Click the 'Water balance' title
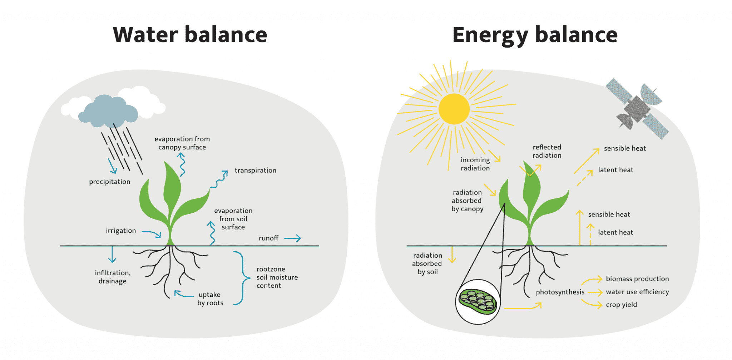pyautogui.click(x=190, y=35)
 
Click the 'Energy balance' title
pyautogui.click(x=535, y=35)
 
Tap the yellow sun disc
pyautogui.click(x=454, y=109)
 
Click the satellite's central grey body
pyautogui.click(x=637, y=108)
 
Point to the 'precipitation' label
pyautogui.click(x=110, y=182)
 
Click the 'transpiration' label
pyautogui.click(x=255, y=171)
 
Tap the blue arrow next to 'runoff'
pyautogui.click(x=293, y=238)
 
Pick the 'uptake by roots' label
pyautogui.click(x=210, y=299)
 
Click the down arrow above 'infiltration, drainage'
pyautogui.click(x=112, y=255)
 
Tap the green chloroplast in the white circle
pyautogui.click(x=478, y=302)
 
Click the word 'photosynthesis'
pyautogui.click(x=560, y=292)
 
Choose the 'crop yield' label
pyautogui.click(x=621, y=305)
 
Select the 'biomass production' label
pyautogui.click(x=637, y=279)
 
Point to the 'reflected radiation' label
pyautogui.click(x=547, y=151)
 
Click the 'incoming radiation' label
pyautogui.click(x=475, y=164)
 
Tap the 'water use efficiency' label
pyautogui.click(x=637, y=292)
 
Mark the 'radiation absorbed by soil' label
pyautogui.click(x=427, y=263)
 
